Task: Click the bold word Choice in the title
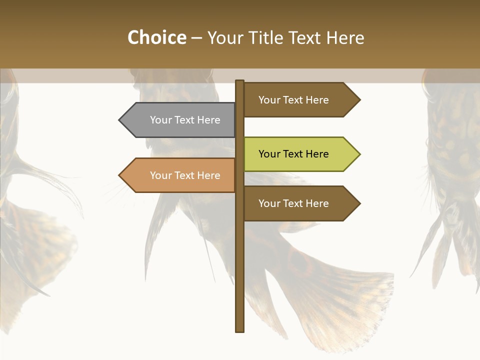(x=156, y=37)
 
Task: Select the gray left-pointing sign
(x=180, y=120)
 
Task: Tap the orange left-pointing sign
(x=180, y=175)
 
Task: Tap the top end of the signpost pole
(x=239, y=81)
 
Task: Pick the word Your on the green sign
(x=269, y=154)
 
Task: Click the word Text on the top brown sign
(x=293, y=100)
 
